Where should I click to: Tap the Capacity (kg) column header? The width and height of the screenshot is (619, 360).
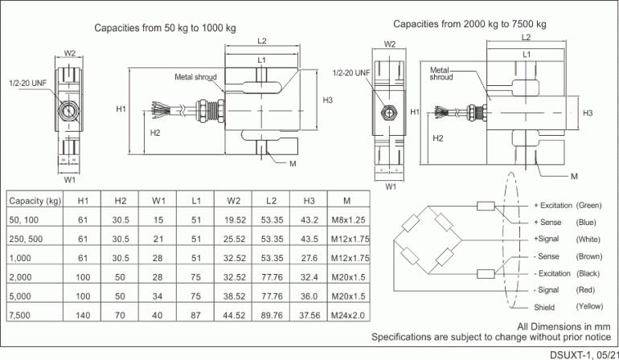(x=35, y=200)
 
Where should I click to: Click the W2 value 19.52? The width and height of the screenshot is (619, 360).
(x=234, y=219)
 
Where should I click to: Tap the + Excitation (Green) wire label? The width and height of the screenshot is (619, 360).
(x=568, y=205)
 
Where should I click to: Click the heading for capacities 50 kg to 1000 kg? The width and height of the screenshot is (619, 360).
(x=165, y=27)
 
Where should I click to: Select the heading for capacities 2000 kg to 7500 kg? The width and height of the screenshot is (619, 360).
(x=469, y=23)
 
